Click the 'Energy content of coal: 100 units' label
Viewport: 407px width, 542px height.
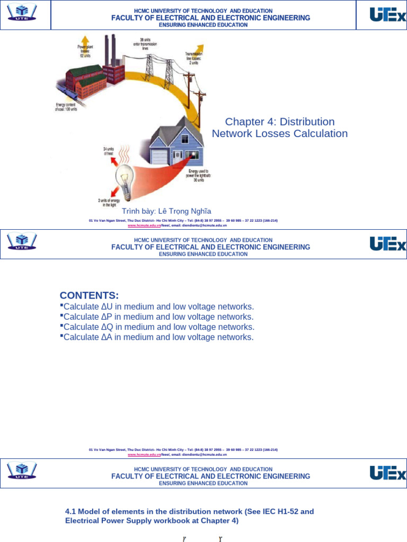point(66,107)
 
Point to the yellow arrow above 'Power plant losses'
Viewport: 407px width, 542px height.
point(84,39)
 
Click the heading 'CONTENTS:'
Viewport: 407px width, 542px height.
point(90,295)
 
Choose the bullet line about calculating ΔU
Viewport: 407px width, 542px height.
point(158,307)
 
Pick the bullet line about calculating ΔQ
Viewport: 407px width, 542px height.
point(158,327)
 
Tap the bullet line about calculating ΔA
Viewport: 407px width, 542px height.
point(158,337)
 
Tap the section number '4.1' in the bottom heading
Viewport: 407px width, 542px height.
point(70,512)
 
